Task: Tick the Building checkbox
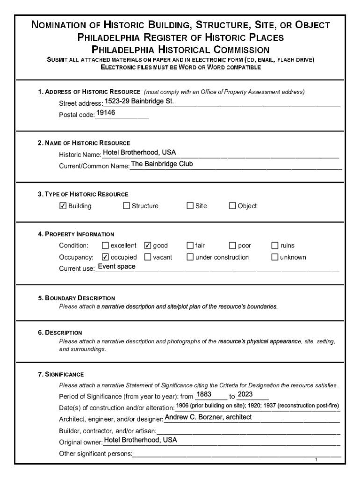[x=63, y=206]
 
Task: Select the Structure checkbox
[x=126, y=206]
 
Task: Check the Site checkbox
[x=190, y=206]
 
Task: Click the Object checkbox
[x=232, y=206]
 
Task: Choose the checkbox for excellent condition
[x=105, y=246]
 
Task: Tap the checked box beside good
[x=148, y=246]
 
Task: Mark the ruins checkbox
[x=275, y=246]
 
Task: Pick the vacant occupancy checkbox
[x=148, y=257]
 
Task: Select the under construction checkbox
[x=190, y=257]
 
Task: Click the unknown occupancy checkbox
[x=275, y=257]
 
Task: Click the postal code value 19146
[x=106, y=113]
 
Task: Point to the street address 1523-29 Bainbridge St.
[x=138, y=101]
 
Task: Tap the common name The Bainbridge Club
[x=162, y=164]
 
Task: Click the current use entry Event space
[x=116, y=267]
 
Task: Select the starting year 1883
[x=204, y=394]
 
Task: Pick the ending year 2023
[x=245, y=394]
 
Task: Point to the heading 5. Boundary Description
[x=76, y=298]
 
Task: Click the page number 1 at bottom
[x=316, y=460]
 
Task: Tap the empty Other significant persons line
[x=236, y=453]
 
